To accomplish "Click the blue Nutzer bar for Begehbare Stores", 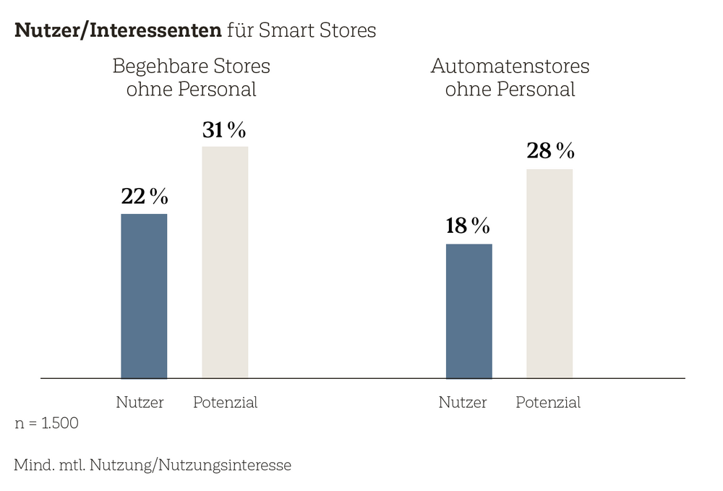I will pyautogui.click(x=144, y=296).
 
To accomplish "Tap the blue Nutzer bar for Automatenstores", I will pyautogui.click(x=469, y=311).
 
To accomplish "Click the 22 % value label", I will pyautogui.click(x=144, y=197).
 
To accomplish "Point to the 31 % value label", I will pyautogui.click(x=224, y=130).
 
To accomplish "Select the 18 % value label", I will pyautogui.click(x=468, y=226).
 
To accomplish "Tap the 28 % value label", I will pyautogui.click(x=550, y=151).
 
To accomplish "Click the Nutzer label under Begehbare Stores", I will pyautogui.click(x=140, y=403).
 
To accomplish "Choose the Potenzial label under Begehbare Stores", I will pyautogui.click(x=225, y=403).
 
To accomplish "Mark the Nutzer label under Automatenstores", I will pyautogui.click(x=463, y=403).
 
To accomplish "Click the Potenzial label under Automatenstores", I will pyautogui.click(x=548, y=403).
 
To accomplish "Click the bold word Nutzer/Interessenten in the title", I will pyautogui.click(x=118, y=31).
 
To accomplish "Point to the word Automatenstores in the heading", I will pyautogui.click(x=510, y=67).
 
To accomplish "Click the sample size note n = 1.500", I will pyautogui.click(x=47, y=424).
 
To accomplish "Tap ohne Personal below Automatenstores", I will pyautogui.click(x=510, y=90).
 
